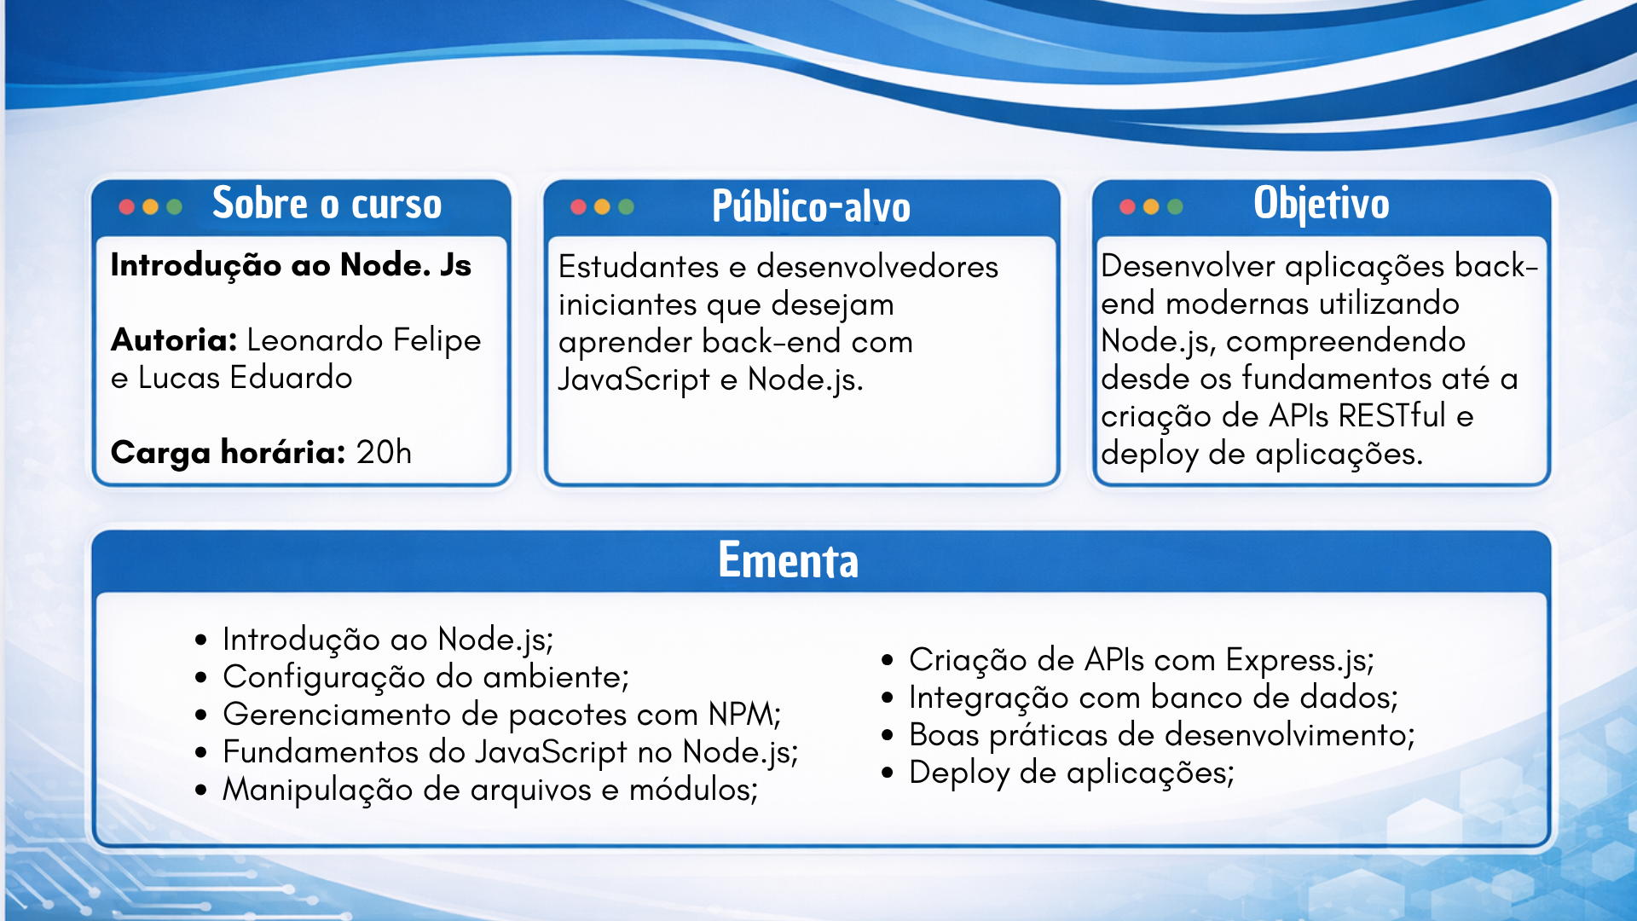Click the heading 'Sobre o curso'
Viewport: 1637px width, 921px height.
327,204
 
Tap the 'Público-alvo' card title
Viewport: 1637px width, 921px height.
811,206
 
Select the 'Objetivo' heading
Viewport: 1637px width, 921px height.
1322,205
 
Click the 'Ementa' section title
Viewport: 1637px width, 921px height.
788,560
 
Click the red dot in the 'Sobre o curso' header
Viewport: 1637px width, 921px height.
127,206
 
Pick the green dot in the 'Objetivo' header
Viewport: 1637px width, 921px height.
1175,206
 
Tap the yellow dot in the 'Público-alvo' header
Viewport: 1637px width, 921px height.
602,206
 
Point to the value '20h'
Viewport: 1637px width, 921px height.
384,452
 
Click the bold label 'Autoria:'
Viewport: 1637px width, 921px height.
174,340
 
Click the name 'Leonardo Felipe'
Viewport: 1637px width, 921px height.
364,341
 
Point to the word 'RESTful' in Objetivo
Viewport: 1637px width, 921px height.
1392,416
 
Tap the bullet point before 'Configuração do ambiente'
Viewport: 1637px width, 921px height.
201,678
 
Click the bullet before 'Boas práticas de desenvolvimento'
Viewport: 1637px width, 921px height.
888,735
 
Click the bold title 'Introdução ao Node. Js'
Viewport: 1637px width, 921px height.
291,265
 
